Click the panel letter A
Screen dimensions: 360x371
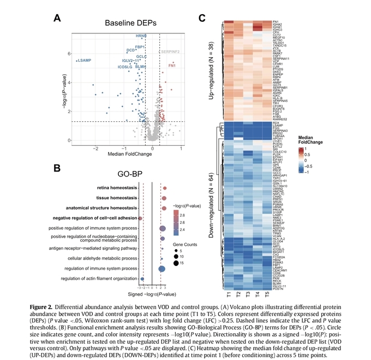click(x=57, y=18)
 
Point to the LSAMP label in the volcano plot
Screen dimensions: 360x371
click(x=84, y=60)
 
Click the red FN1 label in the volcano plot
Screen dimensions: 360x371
click(x=172, y=66)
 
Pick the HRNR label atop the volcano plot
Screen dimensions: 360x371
click(x=141, y=36)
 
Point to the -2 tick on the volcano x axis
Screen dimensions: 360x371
click(x=95, y=147)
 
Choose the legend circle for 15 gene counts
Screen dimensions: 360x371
click(x=176, y=263)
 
